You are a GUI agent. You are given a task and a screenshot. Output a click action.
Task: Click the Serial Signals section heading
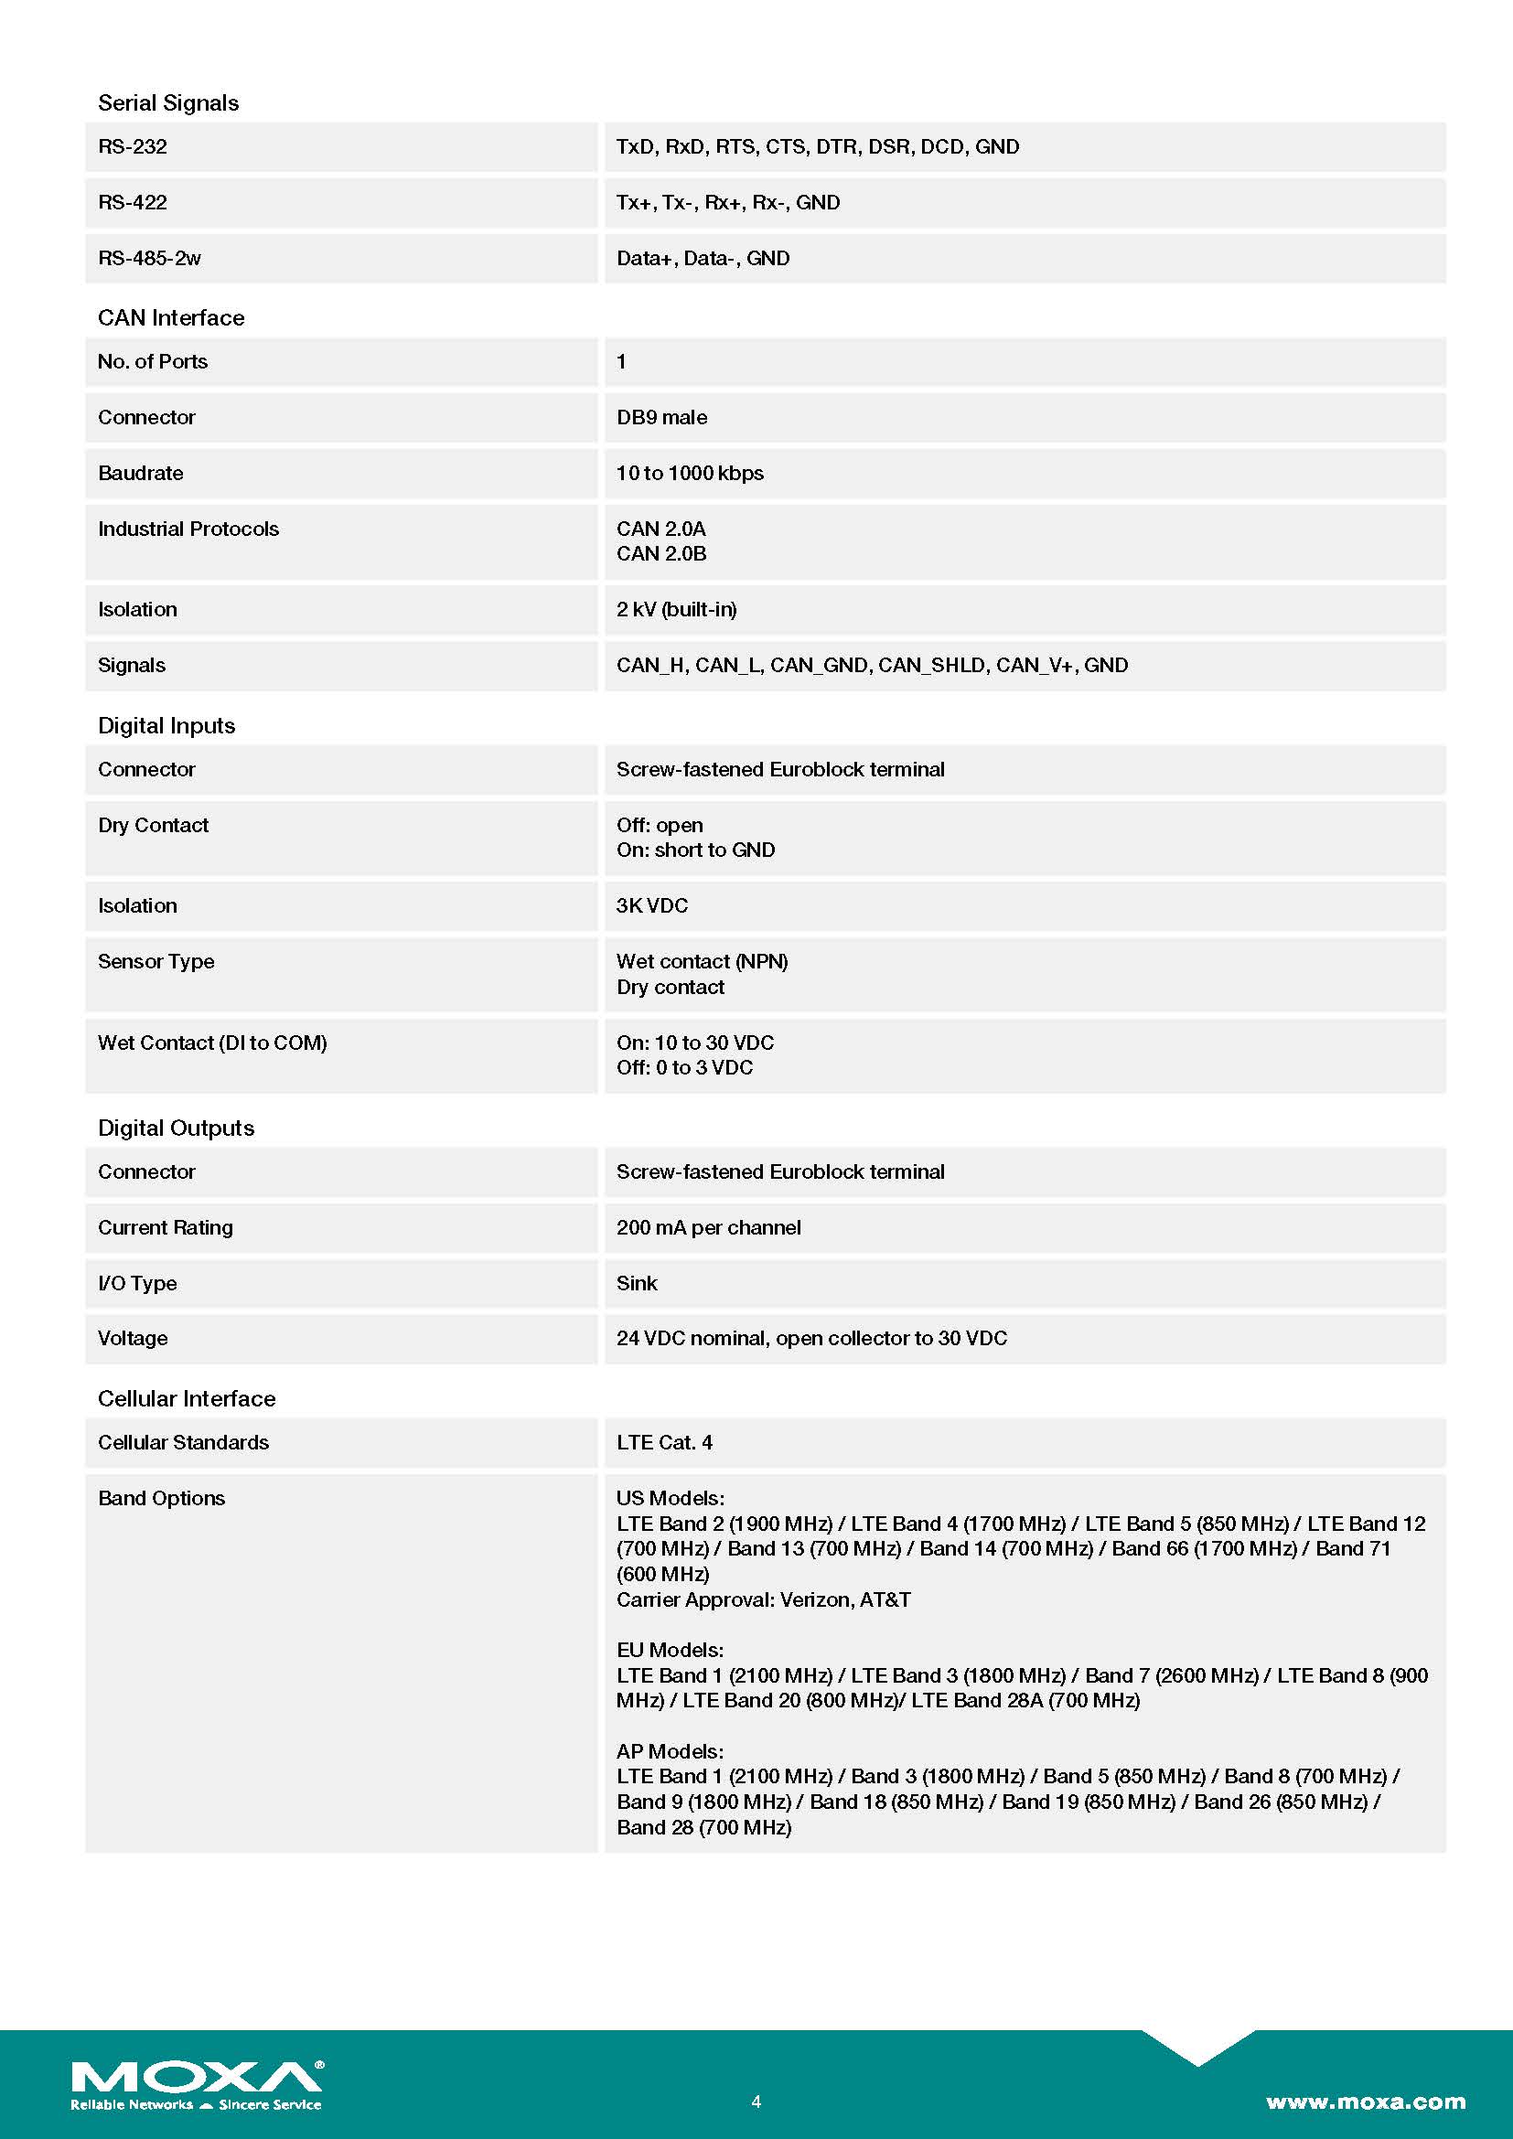pyautogui.click(x=167, y=102)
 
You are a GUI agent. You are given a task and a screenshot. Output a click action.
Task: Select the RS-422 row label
pyautogui.click(x=133, y=202)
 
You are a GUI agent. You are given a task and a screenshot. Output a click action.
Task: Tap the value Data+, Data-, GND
pyautogui.click(x=703, y=258)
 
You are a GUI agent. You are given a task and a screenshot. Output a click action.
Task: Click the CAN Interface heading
pyautogui.click(x=170, y=317)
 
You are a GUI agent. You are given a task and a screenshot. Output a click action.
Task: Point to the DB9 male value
pyautogui.click(x=661, y=417)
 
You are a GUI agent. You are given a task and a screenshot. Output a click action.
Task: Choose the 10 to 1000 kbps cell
pyautogui.click(x=690, y=474)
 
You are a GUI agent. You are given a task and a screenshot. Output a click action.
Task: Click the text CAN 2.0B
pyautogui.click(x=660, y=553)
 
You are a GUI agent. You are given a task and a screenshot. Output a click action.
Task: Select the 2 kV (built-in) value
pyautogui.click(x=676, y=609)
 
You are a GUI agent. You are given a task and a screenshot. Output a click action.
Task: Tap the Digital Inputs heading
pyautogui.click(x=166, y=726)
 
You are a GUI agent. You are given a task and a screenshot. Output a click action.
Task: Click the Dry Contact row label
pyautogui.click(x=153, y=826)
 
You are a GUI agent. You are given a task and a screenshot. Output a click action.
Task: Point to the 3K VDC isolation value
pyautogui.click(x=652, y=905)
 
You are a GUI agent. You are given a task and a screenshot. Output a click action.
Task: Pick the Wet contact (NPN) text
pyautogui.click(x=702, y=961)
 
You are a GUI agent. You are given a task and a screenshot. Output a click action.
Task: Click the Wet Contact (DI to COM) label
pyautogui.click(x=212, y=1043)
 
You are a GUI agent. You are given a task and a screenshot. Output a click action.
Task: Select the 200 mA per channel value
pyautogui.click(x=708, y=1227)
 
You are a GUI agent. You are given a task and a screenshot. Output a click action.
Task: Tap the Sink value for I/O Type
pyautogui.click(x=637, y=1283)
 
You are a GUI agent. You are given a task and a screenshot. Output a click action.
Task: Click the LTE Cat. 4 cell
pyautogui.click(x=664, y=1442)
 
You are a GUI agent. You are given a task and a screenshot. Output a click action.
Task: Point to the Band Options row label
pyautogui.click(x=161, y=1498)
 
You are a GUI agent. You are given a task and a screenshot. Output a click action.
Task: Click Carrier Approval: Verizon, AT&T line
pyautogui.click(x=763, y=1599)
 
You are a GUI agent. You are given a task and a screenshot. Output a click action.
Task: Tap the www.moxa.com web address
pyautogui.click(x=1365, y=2101)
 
